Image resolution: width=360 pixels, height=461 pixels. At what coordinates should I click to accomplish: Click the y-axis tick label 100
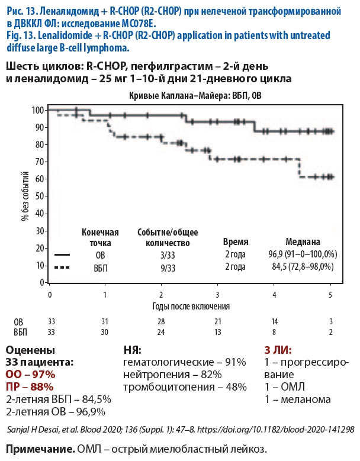tap(38, 110)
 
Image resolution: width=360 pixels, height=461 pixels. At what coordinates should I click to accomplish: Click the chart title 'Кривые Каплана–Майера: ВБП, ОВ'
tap(189, 95)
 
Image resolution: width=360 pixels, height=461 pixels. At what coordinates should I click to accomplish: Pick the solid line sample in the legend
tap(63, 254)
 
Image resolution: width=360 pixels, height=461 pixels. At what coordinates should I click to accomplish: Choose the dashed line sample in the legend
tap(63, 267)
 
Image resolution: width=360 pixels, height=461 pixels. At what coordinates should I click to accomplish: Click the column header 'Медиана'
tap(303, 242)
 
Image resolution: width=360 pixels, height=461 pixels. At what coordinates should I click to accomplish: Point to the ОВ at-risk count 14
tap(274, 321)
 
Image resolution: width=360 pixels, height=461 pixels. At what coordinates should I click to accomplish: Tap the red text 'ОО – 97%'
tap(30, 375)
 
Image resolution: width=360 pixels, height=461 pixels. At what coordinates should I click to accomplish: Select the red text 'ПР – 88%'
tap(29, 387)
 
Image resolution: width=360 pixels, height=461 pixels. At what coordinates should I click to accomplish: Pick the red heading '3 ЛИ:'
tap(277, 350)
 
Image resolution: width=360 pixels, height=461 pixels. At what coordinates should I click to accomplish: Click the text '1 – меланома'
tap(297, 399)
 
